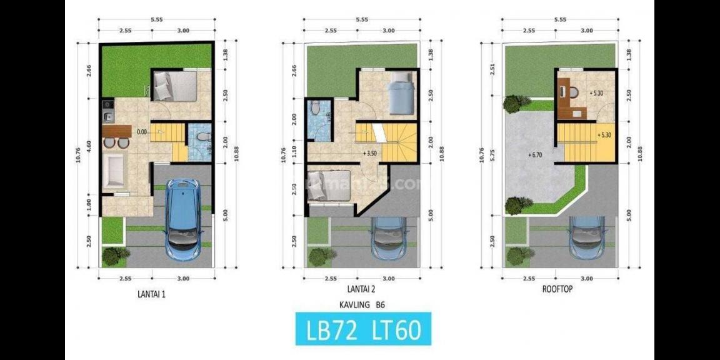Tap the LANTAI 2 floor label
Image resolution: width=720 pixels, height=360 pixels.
tap(361, 289)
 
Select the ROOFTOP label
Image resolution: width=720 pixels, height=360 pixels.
tap(558, 289)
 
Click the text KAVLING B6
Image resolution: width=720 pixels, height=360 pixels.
tap(361, 306)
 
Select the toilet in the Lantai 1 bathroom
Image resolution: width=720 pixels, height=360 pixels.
tap(201, 136)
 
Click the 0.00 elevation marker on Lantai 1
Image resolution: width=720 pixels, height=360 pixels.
tap(141, 132)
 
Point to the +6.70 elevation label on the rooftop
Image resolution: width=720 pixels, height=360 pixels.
tap(535, 154)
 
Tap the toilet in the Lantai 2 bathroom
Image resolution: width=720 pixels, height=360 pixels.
tap(316, 109)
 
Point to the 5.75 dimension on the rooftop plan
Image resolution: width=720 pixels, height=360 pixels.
tap(493, 156)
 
